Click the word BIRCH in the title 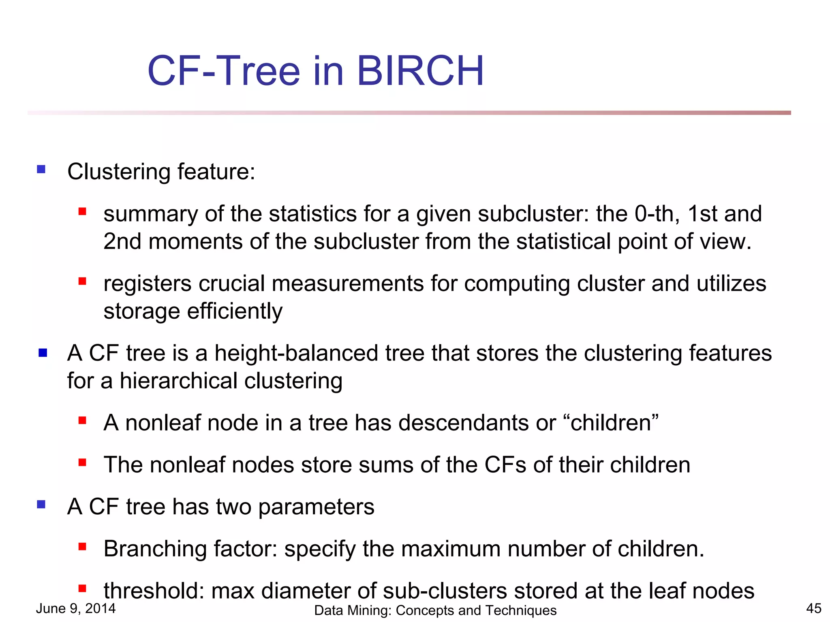point(420,71)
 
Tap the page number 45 point(813,608)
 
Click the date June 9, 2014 point(76,608)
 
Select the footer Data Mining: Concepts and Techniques point(435,610)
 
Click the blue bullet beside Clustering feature point(41,169)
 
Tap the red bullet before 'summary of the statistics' point(82,211)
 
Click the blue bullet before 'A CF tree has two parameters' point(41,504)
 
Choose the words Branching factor point(190,549)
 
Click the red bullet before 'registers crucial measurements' point(82,281)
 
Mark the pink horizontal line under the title point(409,113)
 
